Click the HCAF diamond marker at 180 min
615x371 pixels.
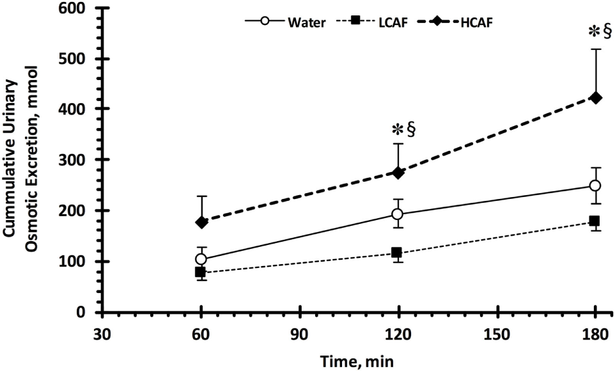click(x=595, y=98)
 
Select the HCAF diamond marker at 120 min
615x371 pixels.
click(x=398, y=173)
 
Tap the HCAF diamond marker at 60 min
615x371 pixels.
click(x=202, y=222)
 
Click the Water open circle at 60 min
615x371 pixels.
click(x=201, y=259)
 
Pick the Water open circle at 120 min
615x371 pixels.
click(x=398, y=214)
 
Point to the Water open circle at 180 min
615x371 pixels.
click(x=595, y=185)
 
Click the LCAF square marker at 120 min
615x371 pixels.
click(x=398, y=253)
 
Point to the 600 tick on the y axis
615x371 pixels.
click(x=81, y=8)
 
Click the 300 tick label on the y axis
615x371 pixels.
click(x=81, y=160)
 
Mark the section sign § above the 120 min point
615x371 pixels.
click(x=411, y=130)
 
